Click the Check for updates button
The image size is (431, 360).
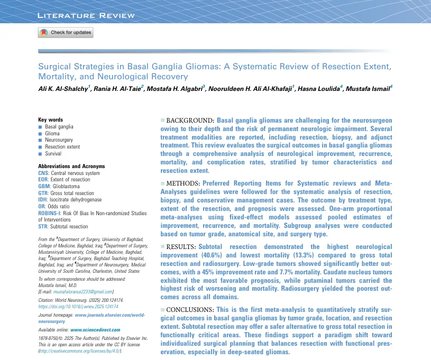pyautogui.click(x=65, y=33)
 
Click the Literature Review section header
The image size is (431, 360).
pyautogui.click(x=86, y=15)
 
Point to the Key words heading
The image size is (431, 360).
pyautogui.click(x=51, y=120)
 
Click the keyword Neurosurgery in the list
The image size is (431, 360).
pyautogui.click(x=60, y=140)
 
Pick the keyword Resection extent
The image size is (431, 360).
pyautogui.click(x=63, y=147)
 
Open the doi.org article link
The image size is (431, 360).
pyautogui.click(x=78, y=306)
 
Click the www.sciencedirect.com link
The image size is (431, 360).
pyautogui.click(x=95, y=329)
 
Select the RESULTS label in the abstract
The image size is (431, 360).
pyautogui.click(x=181, y=247)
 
